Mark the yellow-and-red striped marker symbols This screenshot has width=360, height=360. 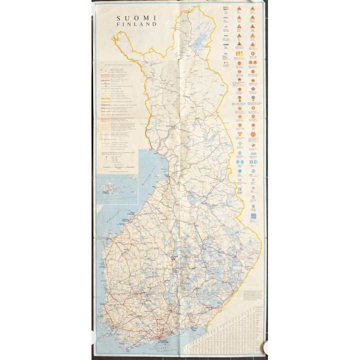point(239,52)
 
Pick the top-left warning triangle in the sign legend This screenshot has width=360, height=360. point(239,8)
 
